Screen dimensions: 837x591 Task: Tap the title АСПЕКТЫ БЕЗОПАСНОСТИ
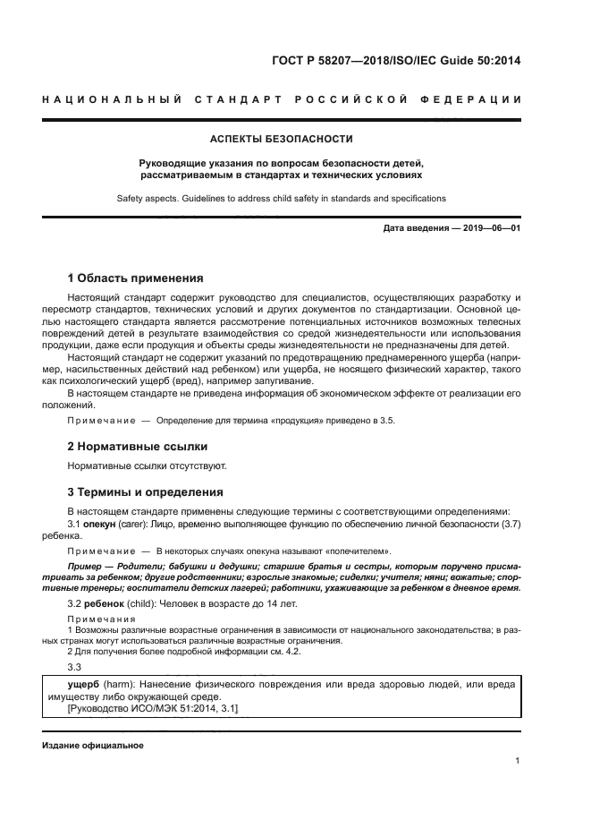point(282,139)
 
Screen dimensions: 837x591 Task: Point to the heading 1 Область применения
point(136,278)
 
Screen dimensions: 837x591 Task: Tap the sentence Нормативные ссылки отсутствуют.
point(148,465)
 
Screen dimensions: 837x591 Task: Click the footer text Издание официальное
point(93,745)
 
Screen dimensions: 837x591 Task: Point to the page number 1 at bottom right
point(518,761)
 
